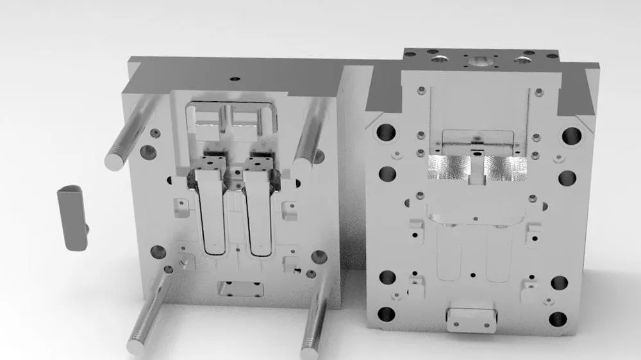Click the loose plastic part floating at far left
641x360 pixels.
[x=72, y=218]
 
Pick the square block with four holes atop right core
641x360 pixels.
[x=262, y=165]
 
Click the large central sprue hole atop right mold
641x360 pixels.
[x=480, y=62]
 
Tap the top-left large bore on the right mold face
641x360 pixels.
[x=386, y=133]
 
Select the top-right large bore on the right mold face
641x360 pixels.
[x=571, y=135]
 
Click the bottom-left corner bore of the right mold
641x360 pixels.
[x=386, y=314]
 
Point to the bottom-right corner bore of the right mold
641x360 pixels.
[x=558, y=318]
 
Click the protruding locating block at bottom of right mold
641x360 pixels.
[x=472, y=317]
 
